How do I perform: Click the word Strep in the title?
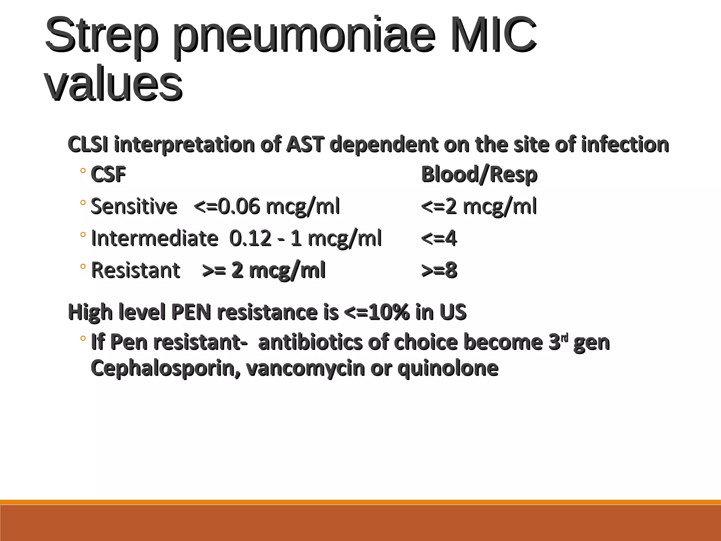[x=100, y=35]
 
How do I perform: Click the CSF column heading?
[x=108, y=174]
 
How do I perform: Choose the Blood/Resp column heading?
[x=479, y=174]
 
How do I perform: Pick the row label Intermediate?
[x=155, y=238]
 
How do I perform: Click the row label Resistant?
[x=136, y=270]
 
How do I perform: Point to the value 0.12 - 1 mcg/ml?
[x=306, y=238]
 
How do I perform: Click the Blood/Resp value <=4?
[x=439, y=238]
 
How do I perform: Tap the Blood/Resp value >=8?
[x=439, y=270]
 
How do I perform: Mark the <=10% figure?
[x=377, y=312]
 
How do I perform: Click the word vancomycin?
[x=305, y=368]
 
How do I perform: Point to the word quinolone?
[x=448, y=368]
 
